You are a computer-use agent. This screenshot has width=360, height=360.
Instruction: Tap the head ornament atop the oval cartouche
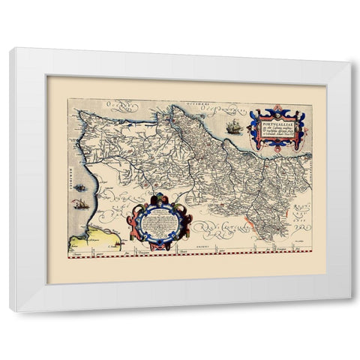(160, 196)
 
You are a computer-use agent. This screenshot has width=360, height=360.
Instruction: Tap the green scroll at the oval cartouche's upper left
(137, 205)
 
